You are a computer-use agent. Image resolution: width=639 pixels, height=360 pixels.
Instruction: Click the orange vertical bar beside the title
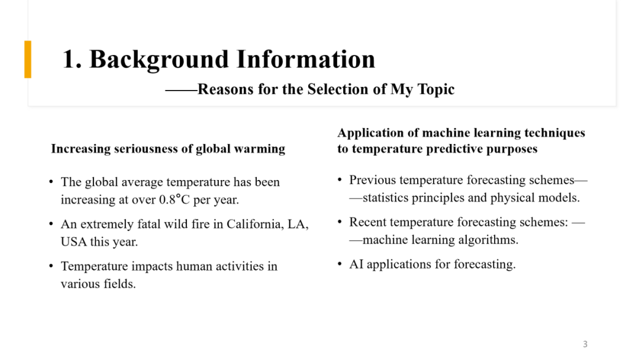(x=28, y=59)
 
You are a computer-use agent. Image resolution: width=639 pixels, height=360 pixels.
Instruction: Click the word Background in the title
(x=159, y=60)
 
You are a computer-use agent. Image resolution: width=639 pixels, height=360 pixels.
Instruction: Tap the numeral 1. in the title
(x=72, y=59)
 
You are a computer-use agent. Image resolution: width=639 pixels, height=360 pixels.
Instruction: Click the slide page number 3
(x=585, y=344)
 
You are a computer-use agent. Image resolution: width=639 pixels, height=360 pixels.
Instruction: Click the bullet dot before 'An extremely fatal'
(x=51, y=224)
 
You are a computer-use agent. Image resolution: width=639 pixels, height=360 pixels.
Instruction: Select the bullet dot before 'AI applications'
(x=340, y=263)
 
